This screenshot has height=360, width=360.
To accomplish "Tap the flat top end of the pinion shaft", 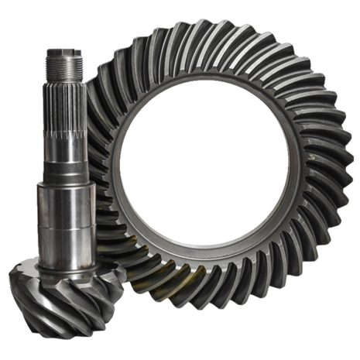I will tap(64, 52).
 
